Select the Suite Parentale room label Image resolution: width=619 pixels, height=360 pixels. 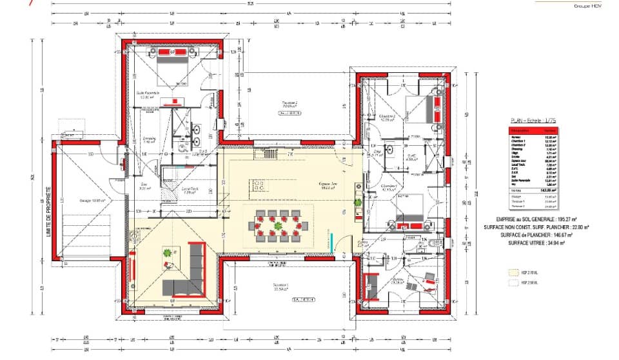[147, 94]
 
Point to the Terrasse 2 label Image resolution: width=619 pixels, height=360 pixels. [290, 103]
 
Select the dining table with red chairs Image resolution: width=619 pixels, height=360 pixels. [279, 226]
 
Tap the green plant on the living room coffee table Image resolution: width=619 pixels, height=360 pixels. [169, 252]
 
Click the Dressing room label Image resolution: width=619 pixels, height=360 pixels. [150, 140]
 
